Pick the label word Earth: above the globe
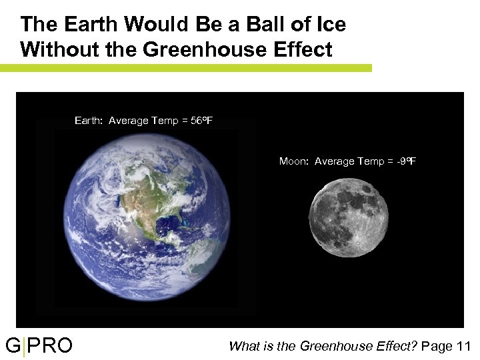click(x=89, y=121)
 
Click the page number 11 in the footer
click(x=464, y=346)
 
